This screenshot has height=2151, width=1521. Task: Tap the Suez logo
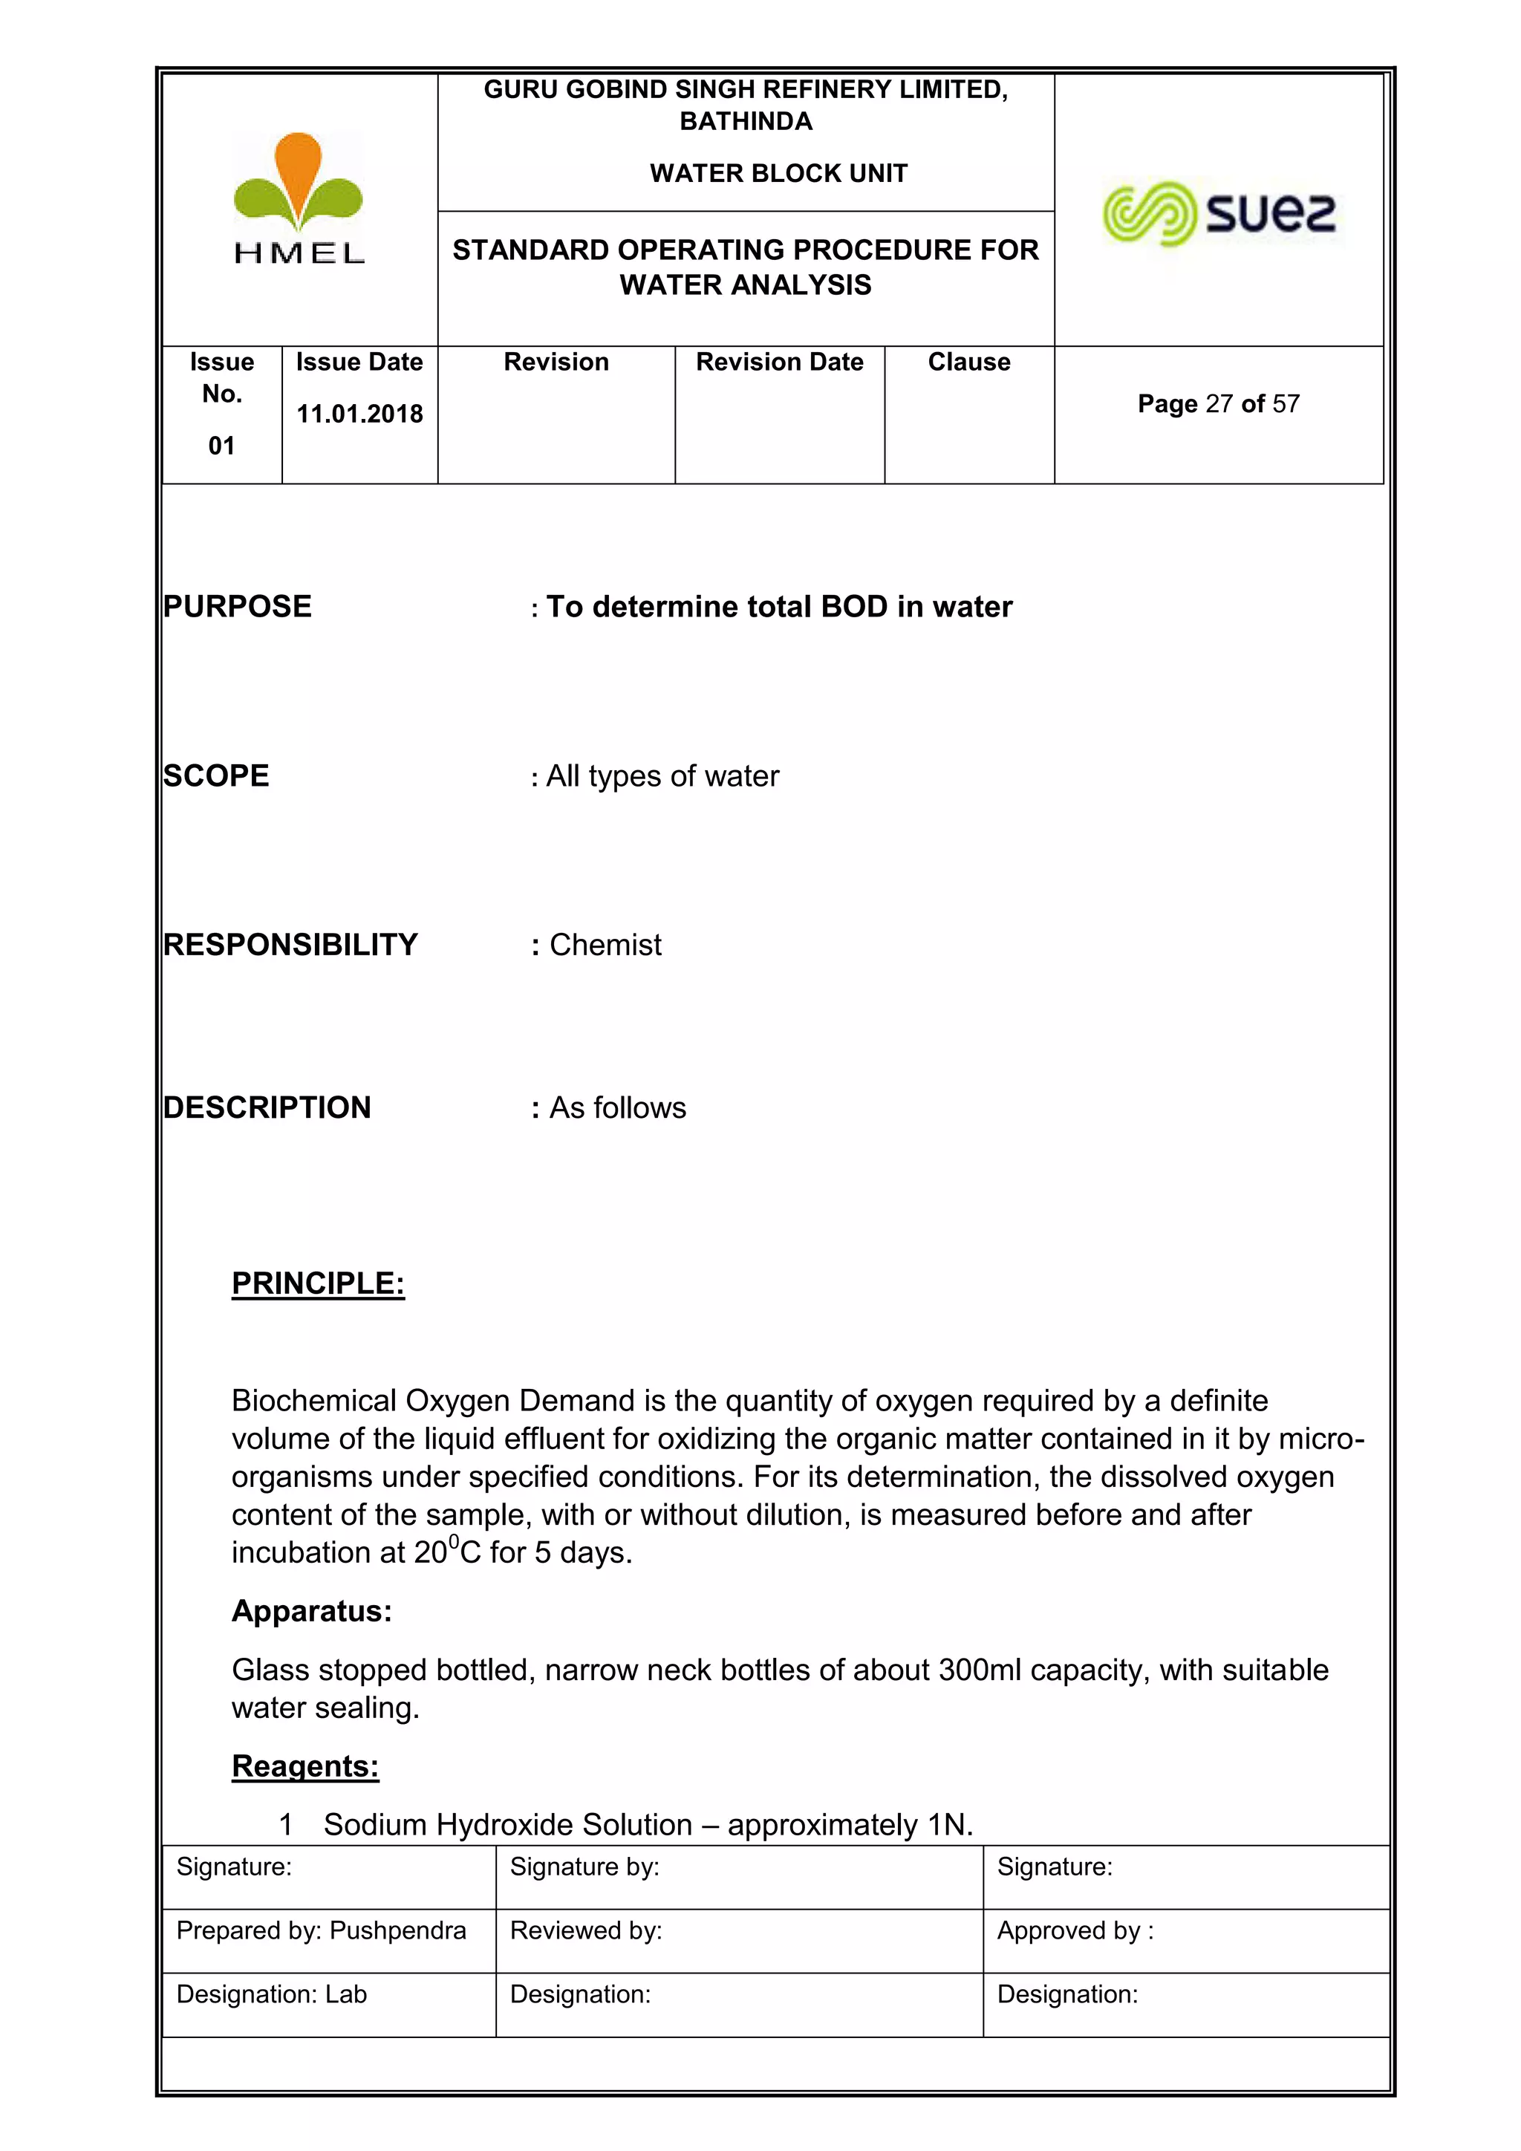1219,214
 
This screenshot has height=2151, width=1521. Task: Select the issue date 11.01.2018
359,414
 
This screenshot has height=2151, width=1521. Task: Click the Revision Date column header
779,362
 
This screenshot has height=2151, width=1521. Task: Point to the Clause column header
968,362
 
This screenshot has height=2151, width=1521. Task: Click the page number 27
1219,404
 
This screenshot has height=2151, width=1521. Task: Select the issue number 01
221,446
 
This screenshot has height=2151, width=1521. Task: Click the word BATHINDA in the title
746,122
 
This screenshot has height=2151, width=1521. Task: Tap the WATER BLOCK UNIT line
778,173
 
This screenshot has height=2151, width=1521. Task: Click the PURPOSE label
237,607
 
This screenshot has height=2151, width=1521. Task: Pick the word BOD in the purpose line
854,607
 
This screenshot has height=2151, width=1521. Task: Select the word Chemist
605,946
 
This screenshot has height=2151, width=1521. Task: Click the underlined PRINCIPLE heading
318,1283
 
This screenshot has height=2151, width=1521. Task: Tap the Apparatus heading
311,1610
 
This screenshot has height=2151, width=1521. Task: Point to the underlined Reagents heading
305,1766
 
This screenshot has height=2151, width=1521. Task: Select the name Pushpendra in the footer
398,1931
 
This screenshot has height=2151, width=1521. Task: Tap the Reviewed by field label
585,1931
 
